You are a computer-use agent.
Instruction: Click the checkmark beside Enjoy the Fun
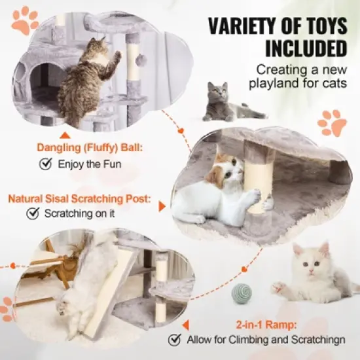[45, 164]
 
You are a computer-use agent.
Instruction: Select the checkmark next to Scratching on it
[32, 213]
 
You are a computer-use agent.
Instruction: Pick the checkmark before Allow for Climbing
[174, 340]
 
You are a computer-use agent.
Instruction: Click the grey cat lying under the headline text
[226, 103]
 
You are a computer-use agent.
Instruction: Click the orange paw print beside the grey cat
[332, 122]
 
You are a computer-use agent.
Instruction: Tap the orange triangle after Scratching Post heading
[162, 206]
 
